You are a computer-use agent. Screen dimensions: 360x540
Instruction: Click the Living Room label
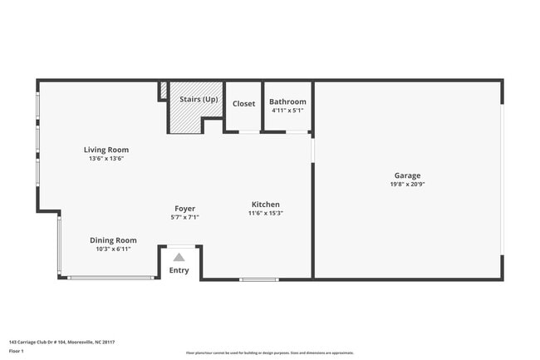(x=106, y=150)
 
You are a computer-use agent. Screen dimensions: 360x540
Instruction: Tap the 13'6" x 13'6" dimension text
(x=106, y=158)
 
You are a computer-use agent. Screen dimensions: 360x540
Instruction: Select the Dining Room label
(x=113, y=239)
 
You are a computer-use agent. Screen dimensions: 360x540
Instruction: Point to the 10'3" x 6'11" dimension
(x=113, y=249)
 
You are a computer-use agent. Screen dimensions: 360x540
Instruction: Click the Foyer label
(x=184, y=208)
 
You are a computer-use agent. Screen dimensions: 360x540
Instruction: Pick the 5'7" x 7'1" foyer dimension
(x=184, y=217)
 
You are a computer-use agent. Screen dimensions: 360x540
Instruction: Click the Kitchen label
(x=266, y=204)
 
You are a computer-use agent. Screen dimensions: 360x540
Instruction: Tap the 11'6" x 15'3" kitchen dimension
(x=266, y=213)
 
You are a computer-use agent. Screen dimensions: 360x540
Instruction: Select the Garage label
(x=407, y=175)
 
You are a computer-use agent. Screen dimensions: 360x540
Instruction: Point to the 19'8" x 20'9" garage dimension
(x=407, y=184)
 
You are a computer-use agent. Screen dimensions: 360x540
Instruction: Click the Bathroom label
(x=287, y=101)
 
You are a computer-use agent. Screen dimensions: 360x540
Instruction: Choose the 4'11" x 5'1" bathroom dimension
(x=287, y=110)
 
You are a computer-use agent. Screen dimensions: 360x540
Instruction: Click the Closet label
(x=243, y=104)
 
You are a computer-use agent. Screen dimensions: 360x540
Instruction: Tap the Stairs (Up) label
(x=199, y=99)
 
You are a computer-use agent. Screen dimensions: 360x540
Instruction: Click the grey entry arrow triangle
(x=179, y=258)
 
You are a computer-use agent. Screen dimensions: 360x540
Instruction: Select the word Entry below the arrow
(x=179, y=270)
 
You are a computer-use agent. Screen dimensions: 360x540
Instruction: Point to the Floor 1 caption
(x=17, y=351)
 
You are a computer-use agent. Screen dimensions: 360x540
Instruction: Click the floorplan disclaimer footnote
(x=270, y=353)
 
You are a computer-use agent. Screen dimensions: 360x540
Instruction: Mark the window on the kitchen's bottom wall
(x=258, y=279)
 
